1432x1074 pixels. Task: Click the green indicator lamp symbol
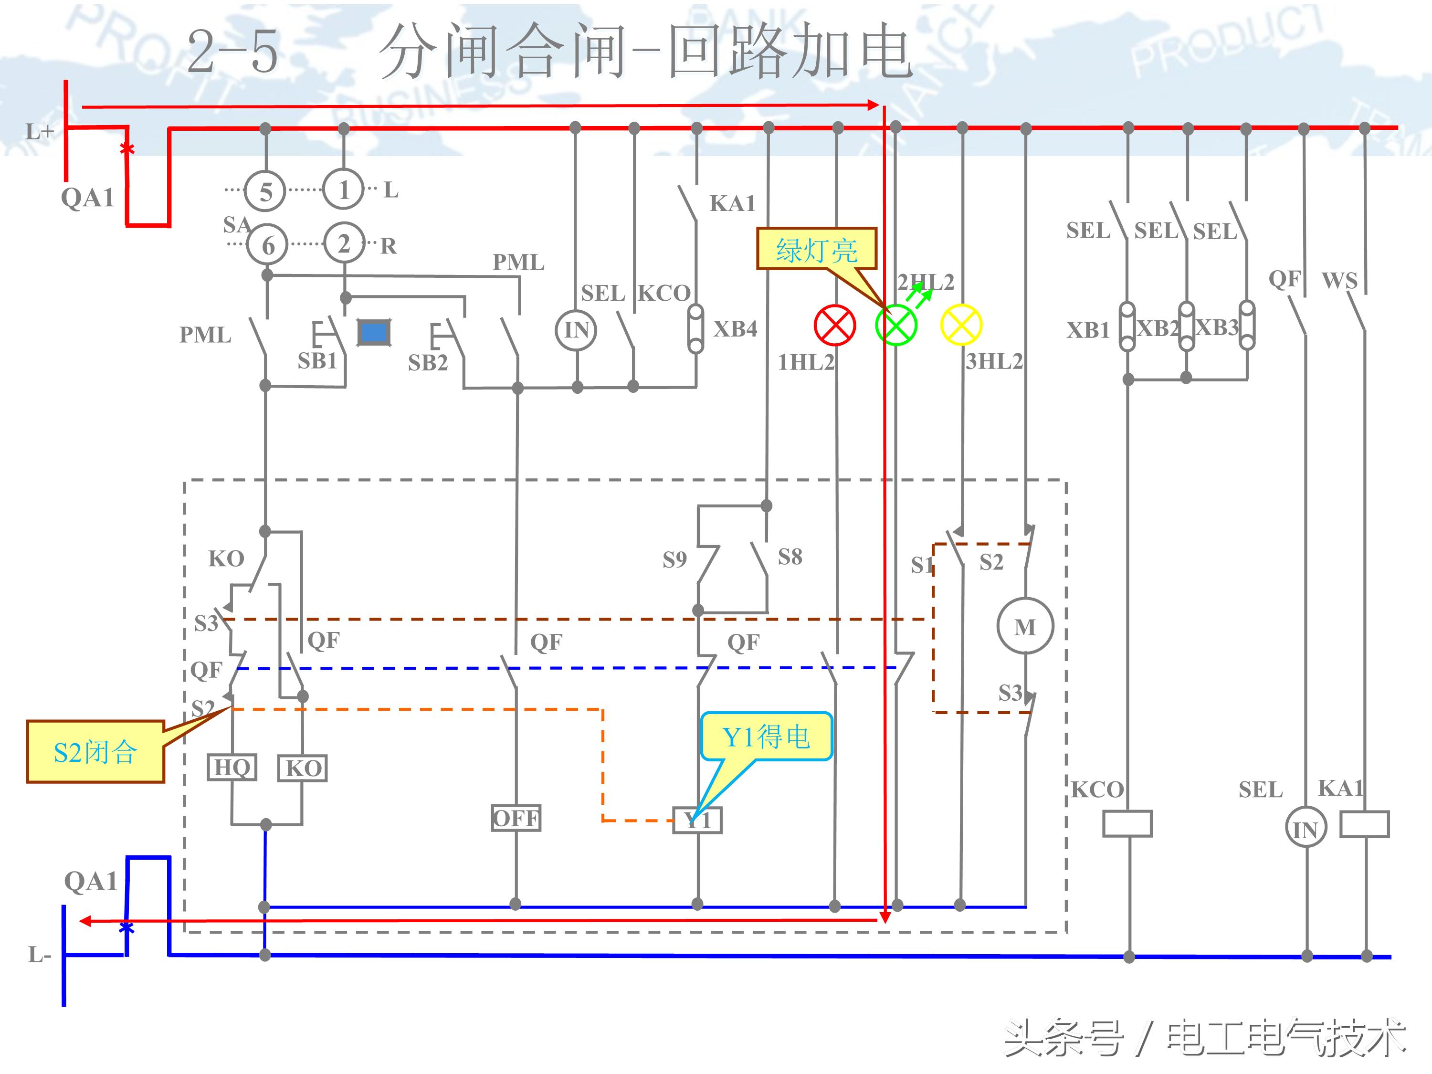click(x=896, y=325)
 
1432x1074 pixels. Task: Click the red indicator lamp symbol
click(x=834, y=325)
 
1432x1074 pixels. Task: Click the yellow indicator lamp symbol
click(x=961, y=325)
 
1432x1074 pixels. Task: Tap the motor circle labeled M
click(x=1025, y=627)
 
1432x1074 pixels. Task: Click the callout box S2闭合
click(x=95, y=752)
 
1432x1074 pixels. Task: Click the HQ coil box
click(x=232, y=767)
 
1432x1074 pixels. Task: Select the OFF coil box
click(x=516, y=818)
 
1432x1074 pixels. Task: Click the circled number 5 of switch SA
click(x=265, y=191)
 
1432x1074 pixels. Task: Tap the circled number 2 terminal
click(x=344, y=243)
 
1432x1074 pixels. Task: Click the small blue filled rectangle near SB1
click(x=374, y=333)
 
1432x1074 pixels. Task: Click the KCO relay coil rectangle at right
click(x=1127, y=824)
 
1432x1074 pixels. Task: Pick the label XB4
click(x=735, y=329)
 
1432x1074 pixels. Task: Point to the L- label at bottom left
click(x=39, y=954)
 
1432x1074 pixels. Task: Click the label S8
click(x=790, y=557)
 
